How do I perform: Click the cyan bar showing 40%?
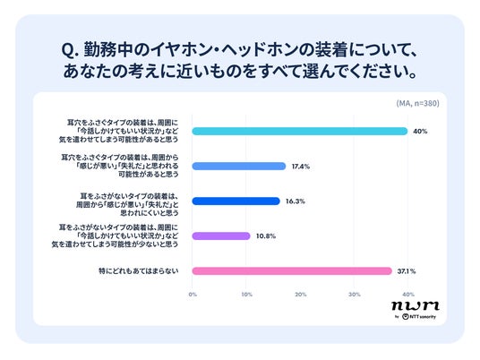point(300,132)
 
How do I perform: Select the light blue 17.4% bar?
point(239,167)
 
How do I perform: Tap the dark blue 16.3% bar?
point(236,201)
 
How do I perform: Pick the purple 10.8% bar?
point(221,236)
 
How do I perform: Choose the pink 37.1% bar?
point(292,271)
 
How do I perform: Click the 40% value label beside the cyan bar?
point(420,132)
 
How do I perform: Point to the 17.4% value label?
point(301,167)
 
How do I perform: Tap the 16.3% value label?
point(296,201)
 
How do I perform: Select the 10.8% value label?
point(266,236)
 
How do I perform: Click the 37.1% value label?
point(407,271)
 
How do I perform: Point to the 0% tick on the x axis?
point(193,295)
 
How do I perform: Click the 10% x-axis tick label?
point(247,295)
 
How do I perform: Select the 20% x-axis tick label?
point(301,295)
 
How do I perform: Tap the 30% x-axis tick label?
point(355,295)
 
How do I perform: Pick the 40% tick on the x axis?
point(408,295)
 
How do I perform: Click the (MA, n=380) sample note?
point(417,104)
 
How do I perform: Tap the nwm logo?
point(416,305)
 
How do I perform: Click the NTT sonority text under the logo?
point(423,316)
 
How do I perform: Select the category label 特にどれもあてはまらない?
point(139,271)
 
